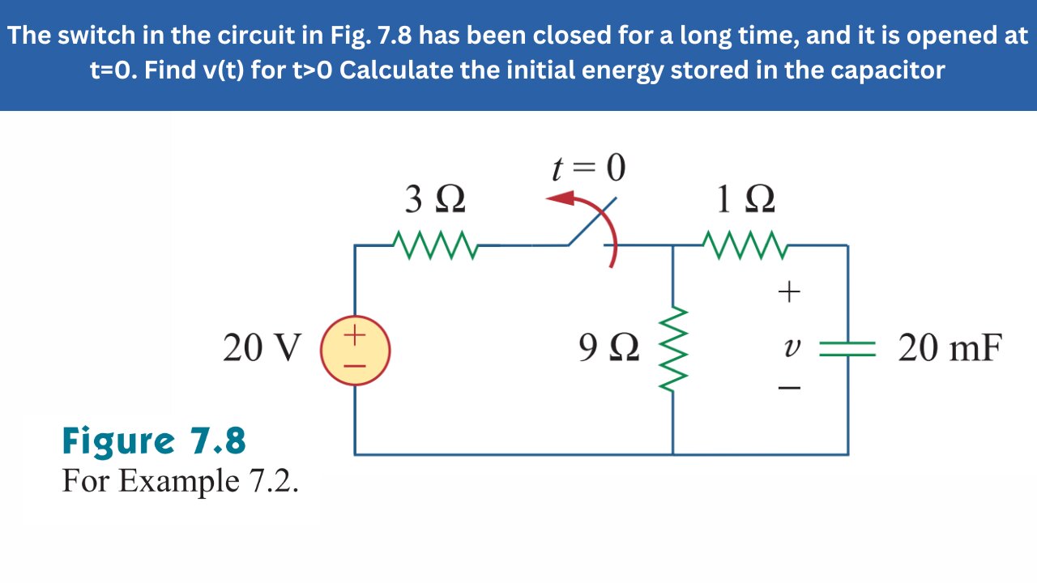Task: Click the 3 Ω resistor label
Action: (435, 200)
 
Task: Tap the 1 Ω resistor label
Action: (745, 200)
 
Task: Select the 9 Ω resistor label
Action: (608, 349)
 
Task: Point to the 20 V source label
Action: (261, 349)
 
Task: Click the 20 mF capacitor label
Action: (950, 349)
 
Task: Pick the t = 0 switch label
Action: (588, 168)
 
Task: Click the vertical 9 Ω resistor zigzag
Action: (674, 348)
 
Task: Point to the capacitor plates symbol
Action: (847, 349)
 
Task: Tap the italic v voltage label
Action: (790, 348)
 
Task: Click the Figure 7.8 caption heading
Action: (154, 442)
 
